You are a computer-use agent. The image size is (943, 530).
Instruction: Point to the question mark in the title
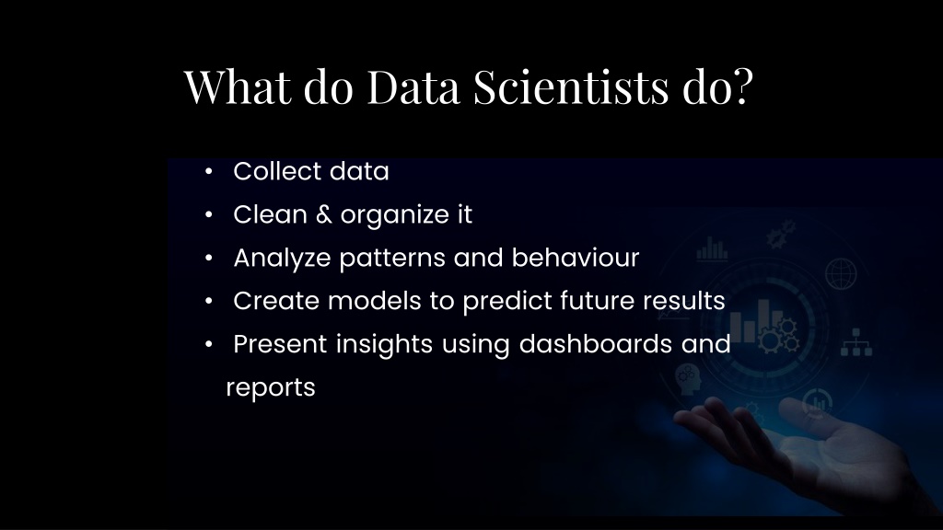(x=741, y=87)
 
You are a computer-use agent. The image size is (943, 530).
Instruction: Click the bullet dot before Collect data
(x=210, y=172)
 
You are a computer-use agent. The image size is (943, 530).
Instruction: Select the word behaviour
(x=576, y=258)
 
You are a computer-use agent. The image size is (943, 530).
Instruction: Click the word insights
(x=383, y=344)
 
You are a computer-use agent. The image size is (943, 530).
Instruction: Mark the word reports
(x=271, y=388)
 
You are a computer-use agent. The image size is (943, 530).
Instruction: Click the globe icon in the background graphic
(x=840, y=271)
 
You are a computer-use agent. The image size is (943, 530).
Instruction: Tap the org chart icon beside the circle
(x=856, y=342)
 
